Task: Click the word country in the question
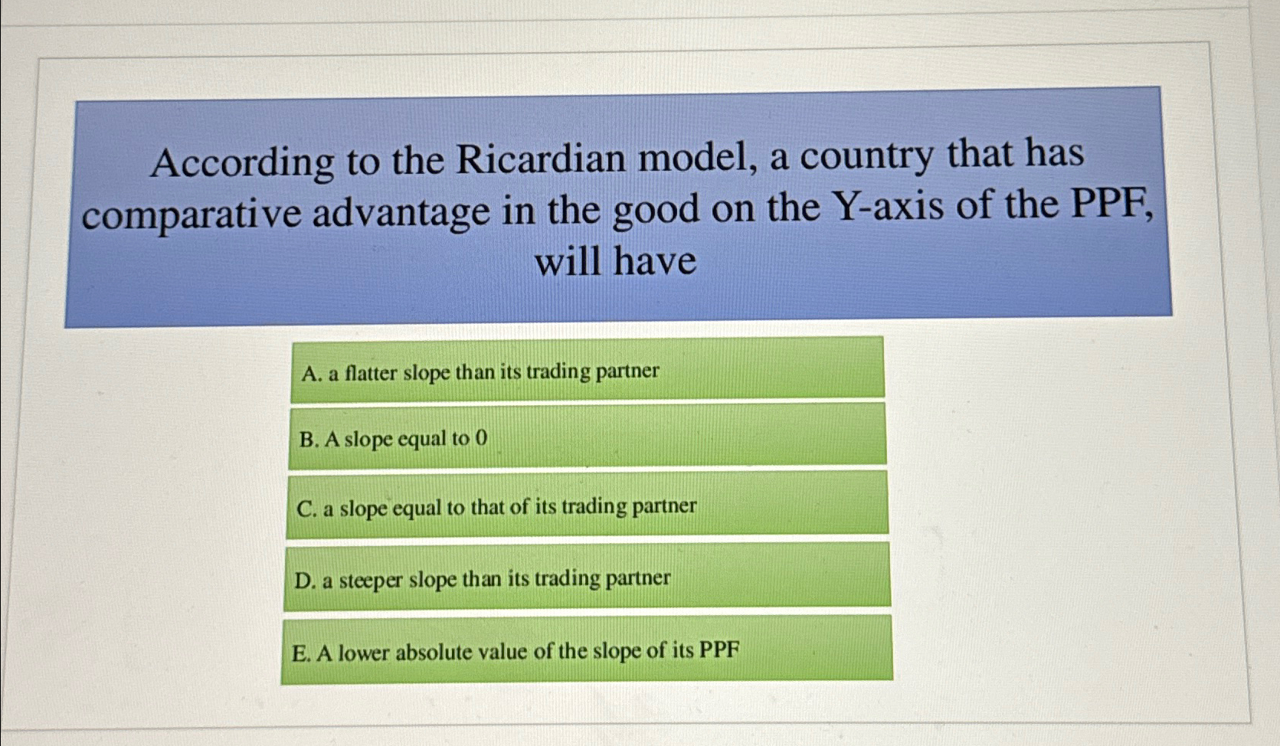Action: pyautogui.click(x=866, y=155)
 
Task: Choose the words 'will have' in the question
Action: pyautogui.click(x=615, y=262)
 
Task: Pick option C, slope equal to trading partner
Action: pyautogui.click(x=587, y=505)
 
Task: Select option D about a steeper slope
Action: pyautogui.click(x=587, y=577)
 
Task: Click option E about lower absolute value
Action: pyautogui.click(x=587, y=649)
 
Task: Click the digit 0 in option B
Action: pyautogui.click(x=481, y=438)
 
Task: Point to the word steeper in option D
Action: pyautogui.click(x=370, y=581)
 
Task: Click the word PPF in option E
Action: pyautogui.click(x=720, y=650)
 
